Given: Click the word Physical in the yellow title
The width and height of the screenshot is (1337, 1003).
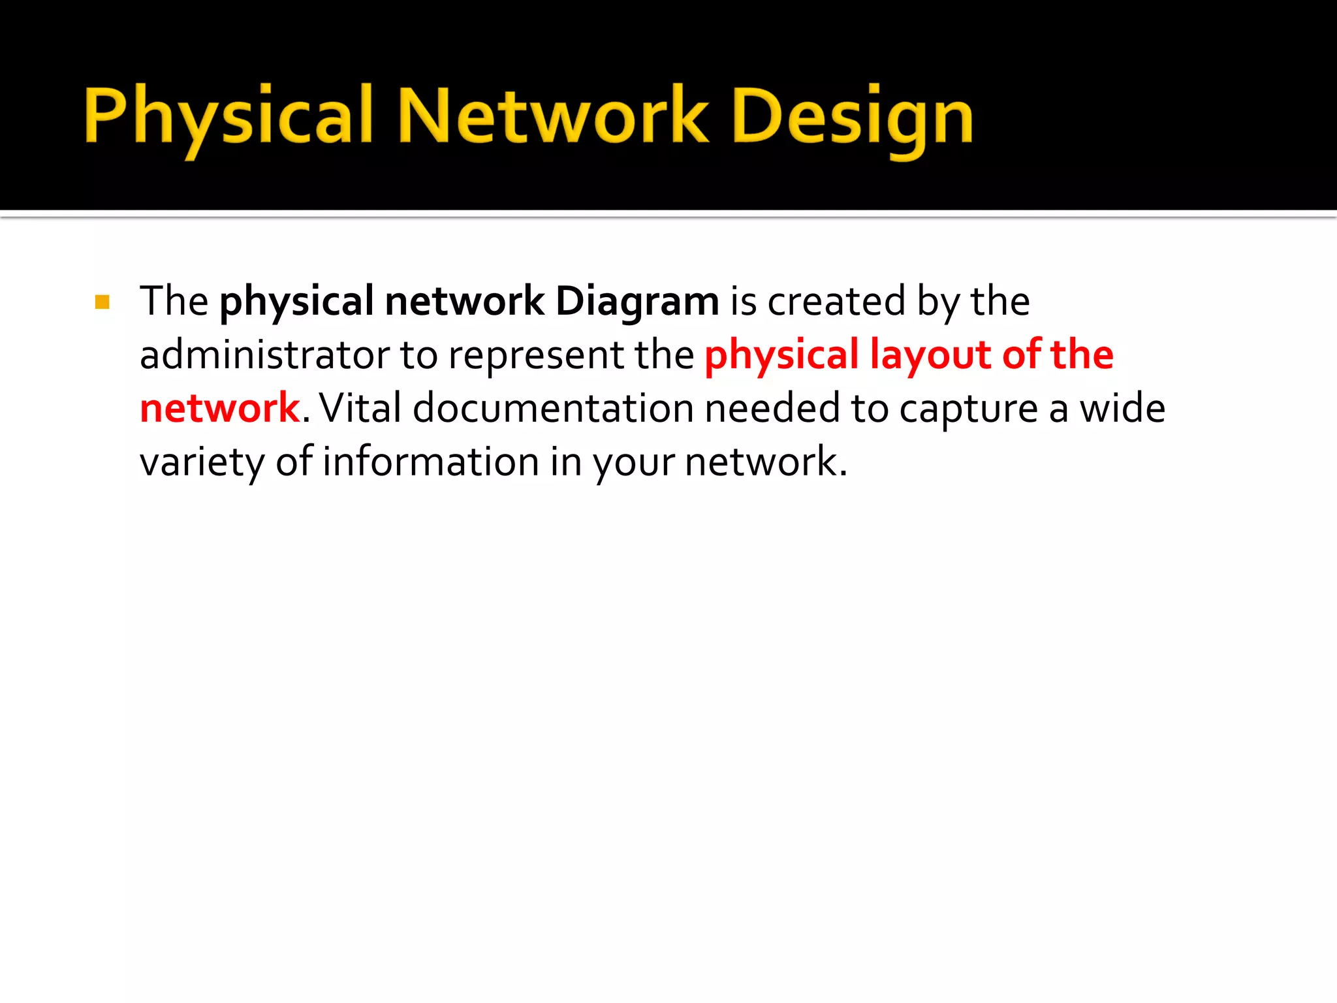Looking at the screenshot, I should point(228,118).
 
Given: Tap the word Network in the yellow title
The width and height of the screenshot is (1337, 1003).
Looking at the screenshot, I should point(552,118).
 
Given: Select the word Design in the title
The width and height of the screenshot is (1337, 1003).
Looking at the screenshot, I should point(853,118).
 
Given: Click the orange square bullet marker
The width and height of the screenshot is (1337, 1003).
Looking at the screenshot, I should point(102,302).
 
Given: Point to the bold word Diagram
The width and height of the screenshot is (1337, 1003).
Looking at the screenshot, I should point(637,302).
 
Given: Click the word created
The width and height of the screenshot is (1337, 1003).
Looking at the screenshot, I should point(836,302).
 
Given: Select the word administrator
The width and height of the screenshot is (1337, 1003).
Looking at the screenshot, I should point(264,355).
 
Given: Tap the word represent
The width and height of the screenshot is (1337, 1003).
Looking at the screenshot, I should point(536,357).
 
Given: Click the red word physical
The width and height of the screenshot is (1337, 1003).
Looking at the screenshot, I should point(781,357).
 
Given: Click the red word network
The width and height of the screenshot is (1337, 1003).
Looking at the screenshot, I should point(219,409).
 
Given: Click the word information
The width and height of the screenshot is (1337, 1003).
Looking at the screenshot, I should point(431,462).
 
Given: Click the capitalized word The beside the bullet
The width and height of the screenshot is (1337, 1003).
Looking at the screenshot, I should point(174,302).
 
